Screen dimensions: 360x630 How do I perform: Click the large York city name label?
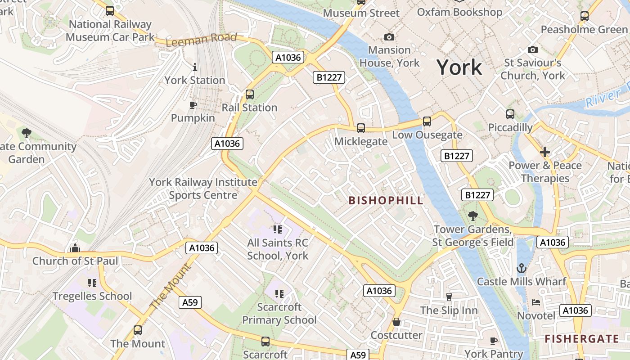[459, 67]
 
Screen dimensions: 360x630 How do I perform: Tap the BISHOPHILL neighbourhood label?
[386, 201]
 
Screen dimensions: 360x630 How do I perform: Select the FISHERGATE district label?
[582, 339]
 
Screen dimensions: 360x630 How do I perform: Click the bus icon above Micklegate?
[361, 128]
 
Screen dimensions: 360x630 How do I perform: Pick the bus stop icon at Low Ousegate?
[427, 121]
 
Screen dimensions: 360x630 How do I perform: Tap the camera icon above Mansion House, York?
[389, 37]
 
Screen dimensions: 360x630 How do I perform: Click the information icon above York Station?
[194, 67]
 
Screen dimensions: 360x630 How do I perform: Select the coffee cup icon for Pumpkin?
[193, 105]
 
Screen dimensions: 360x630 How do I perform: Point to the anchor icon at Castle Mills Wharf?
[521, 269]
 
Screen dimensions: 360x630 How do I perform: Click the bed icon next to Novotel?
[536, 302]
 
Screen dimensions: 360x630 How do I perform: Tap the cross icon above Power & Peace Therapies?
[545, 152]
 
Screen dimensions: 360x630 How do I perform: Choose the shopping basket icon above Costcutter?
[396, 322]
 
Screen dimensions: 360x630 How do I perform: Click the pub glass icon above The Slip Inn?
[449, 297]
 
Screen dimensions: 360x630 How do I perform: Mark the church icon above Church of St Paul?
[75, 248]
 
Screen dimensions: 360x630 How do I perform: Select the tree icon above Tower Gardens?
[472, 216]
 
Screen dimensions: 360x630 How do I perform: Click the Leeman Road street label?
[201, 40]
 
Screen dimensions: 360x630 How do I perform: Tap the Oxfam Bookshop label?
[459, 12]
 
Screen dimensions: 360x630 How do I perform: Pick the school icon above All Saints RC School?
[278, 229]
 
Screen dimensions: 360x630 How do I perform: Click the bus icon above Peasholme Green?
[584, 16]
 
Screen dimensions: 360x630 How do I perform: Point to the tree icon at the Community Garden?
[27, 133]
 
